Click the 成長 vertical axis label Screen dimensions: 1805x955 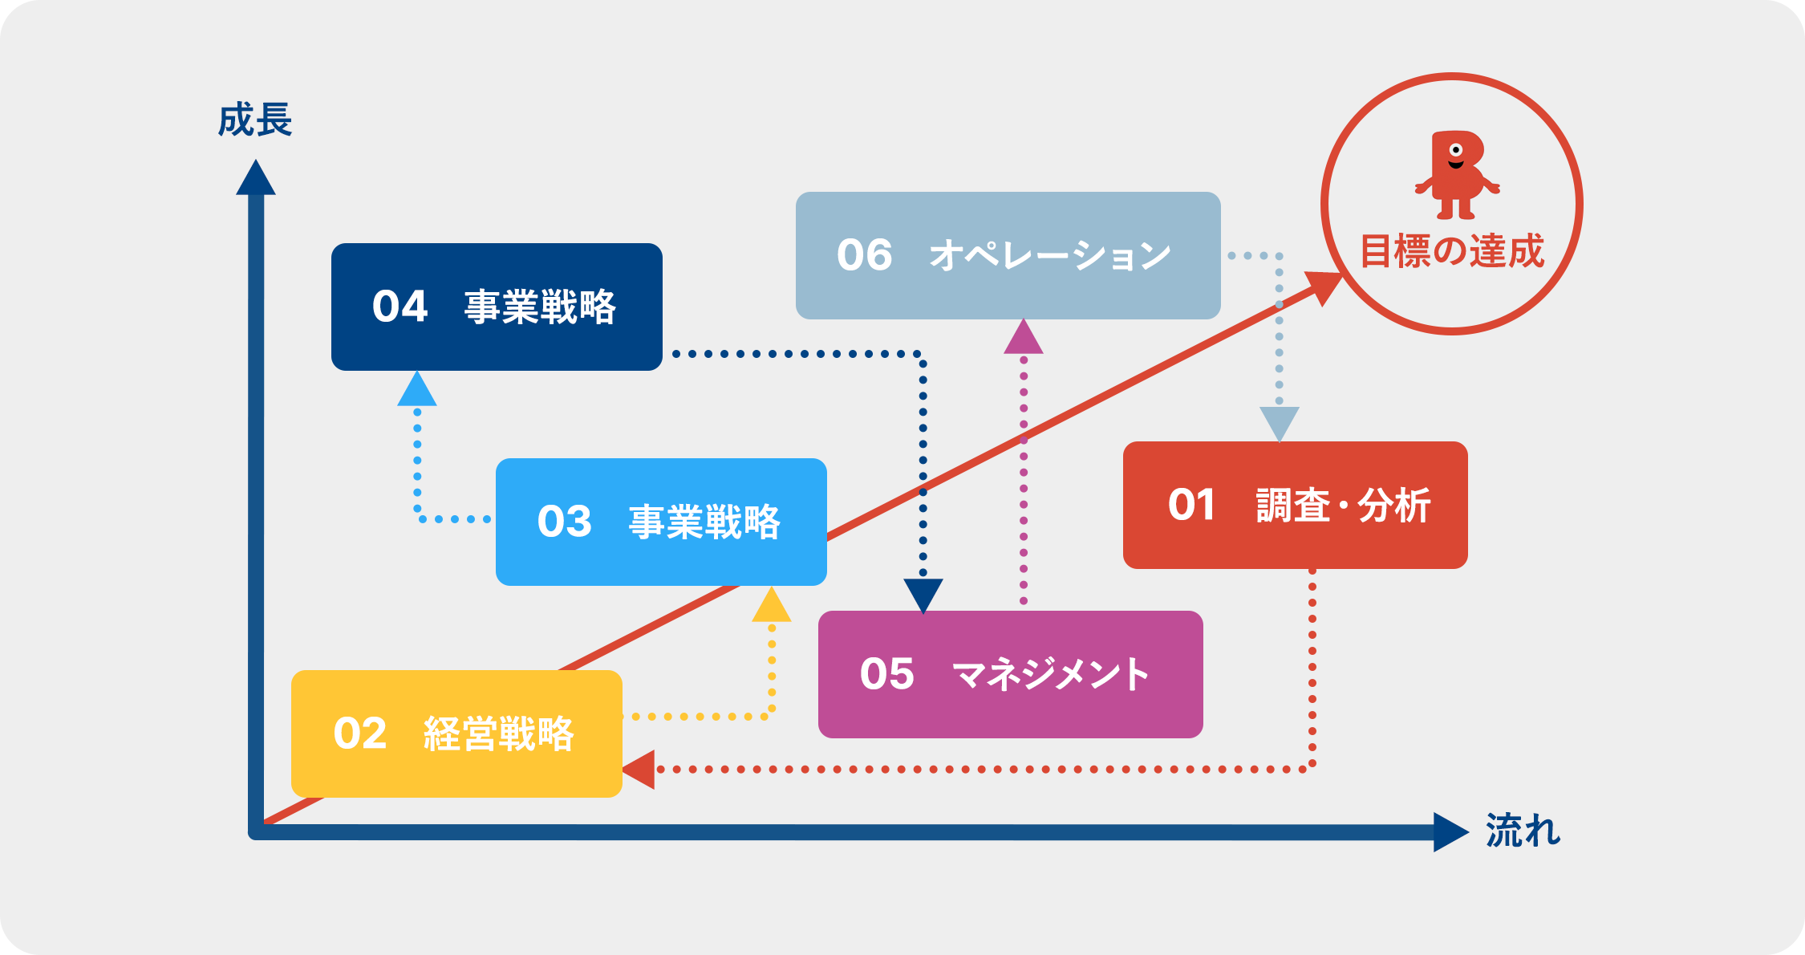pyautogui.click(x=255, y=120)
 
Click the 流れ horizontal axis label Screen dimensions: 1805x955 pyautogui.click(x=1523, y=831)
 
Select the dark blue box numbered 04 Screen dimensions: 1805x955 pyautogui.click(x=497, y=307)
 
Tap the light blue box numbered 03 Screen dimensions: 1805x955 pyautogui.click(x=661, y=522)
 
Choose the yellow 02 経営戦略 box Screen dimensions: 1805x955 pyautogui.click(x=456, y=734)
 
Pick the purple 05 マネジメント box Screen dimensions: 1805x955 pyautogui.click(x=1010, y=674)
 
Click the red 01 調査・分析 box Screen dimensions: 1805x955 pyautogui.click(x=1295, y=505)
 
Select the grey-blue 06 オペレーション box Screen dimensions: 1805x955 pyautogui.click(x=1008, y=255)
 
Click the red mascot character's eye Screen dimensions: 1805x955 pyautogui.click(x=1456, y=150)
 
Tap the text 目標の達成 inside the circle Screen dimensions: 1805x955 pyautogui.click(x=1452, y=250)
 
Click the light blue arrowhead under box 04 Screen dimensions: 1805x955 pyautogui.click(x=417, y=388)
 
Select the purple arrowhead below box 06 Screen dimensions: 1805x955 pyautogui.click(x=1024, y=336)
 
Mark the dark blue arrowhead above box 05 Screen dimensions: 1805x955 pyautogui.click(x=923, y=596)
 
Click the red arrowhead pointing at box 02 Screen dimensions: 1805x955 pyautogui.click(x=639, y=770)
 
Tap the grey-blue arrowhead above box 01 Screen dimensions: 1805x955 pyautogui.click(x=1280, y=425)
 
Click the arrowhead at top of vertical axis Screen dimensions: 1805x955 pyautogui.click(x=256, y=177)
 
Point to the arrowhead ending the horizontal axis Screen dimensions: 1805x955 pyautogui.click(x=1451, y=832)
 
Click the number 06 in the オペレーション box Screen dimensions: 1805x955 pyautogui.click(x=864, y=255)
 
